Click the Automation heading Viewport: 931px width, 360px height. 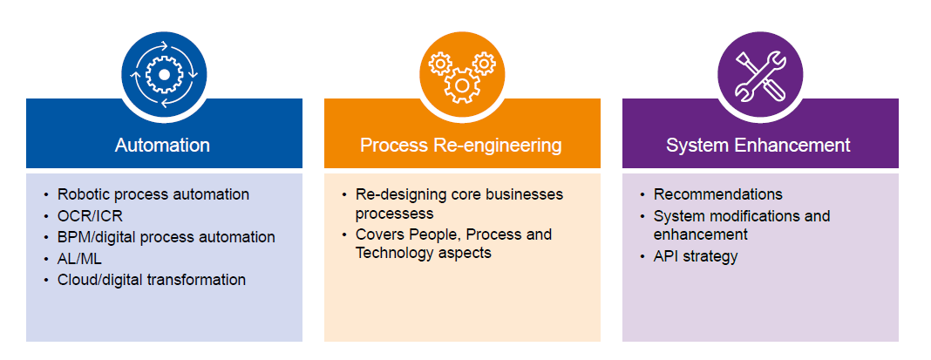point(162,145)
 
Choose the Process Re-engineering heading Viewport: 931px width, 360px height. point(461,145)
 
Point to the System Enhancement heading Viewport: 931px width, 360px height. point(758,145)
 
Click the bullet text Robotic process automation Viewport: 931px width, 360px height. point(153,194)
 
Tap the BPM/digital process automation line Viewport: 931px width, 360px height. point(166,237)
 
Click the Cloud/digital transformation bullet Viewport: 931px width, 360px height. point(152,280)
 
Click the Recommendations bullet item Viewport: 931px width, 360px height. point(717,194)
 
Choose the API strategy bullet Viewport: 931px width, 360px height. point(696,256)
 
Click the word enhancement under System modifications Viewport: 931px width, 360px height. point(700,234)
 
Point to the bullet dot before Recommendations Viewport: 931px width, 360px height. point(642,195)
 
